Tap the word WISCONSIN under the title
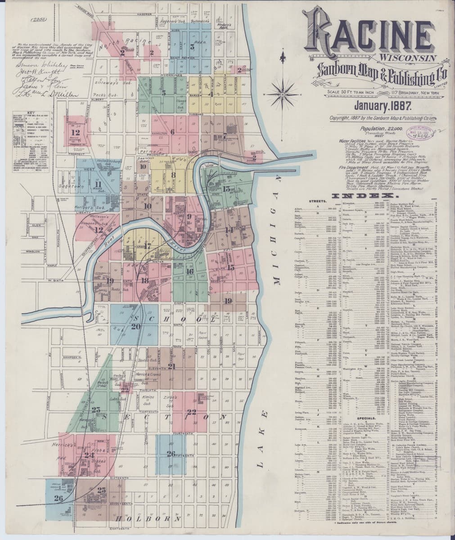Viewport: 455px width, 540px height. coord(407,58)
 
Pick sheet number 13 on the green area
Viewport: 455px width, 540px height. coord(226,189)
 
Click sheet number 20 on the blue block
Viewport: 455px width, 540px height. coord(136,327)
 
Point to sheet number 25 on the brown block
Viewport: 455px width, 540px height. coord(102,490)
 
